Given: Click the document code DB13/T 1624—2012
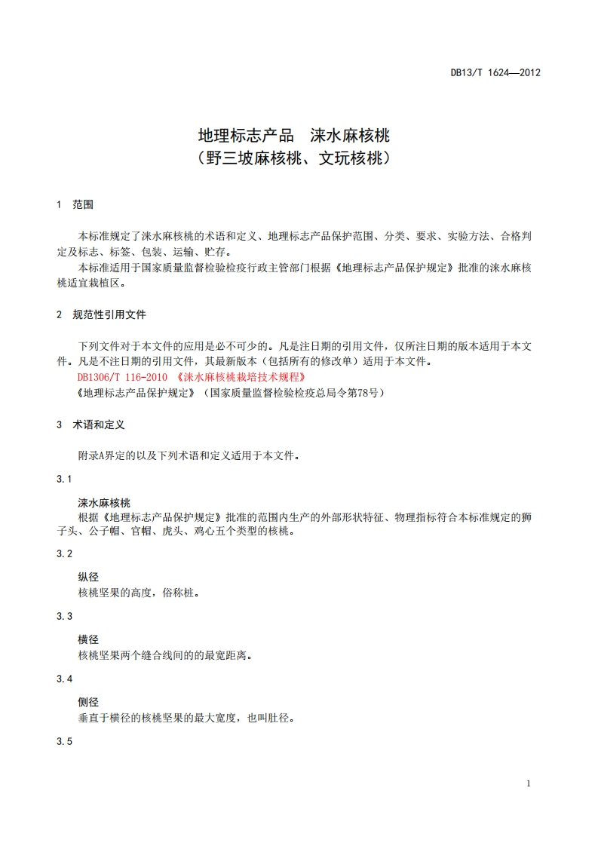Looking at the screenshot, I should click(x=495, y=73).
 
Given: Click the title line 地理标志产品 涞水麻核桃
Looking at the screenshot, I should click(x=293, y=136).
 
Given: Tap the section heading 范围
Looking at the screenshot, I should click(x=83, y=204).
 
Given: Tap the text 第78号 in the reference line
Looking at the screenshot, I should click(x=365, y=393).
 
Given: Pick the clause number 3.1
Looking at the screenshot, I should click(x=64, y=480).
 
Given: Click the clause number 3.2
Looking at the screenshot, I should click(x=64, y=553).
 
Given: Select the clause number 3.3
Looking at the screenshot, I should click(x=64, y=616).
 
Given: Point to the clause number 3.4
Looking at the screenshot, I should click(x=64, y=679).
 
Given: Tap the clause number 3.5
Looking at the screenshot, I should click(x=64, y=742).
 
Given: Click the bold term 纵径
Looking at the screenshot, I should click(x=88, y=578).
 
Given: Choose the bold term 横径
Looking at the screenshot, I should click(x=88, y=640).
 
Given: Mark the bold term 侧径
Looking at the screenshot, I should click(x=88, y=703).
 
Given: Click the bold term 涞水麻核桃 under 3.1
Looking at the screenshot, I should click(x=104, y=503).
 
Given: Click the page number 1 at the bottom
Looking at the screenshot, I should click(x=529, y=783).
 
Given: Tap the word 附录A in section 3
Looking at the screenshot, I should click(x=95, y=455).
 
